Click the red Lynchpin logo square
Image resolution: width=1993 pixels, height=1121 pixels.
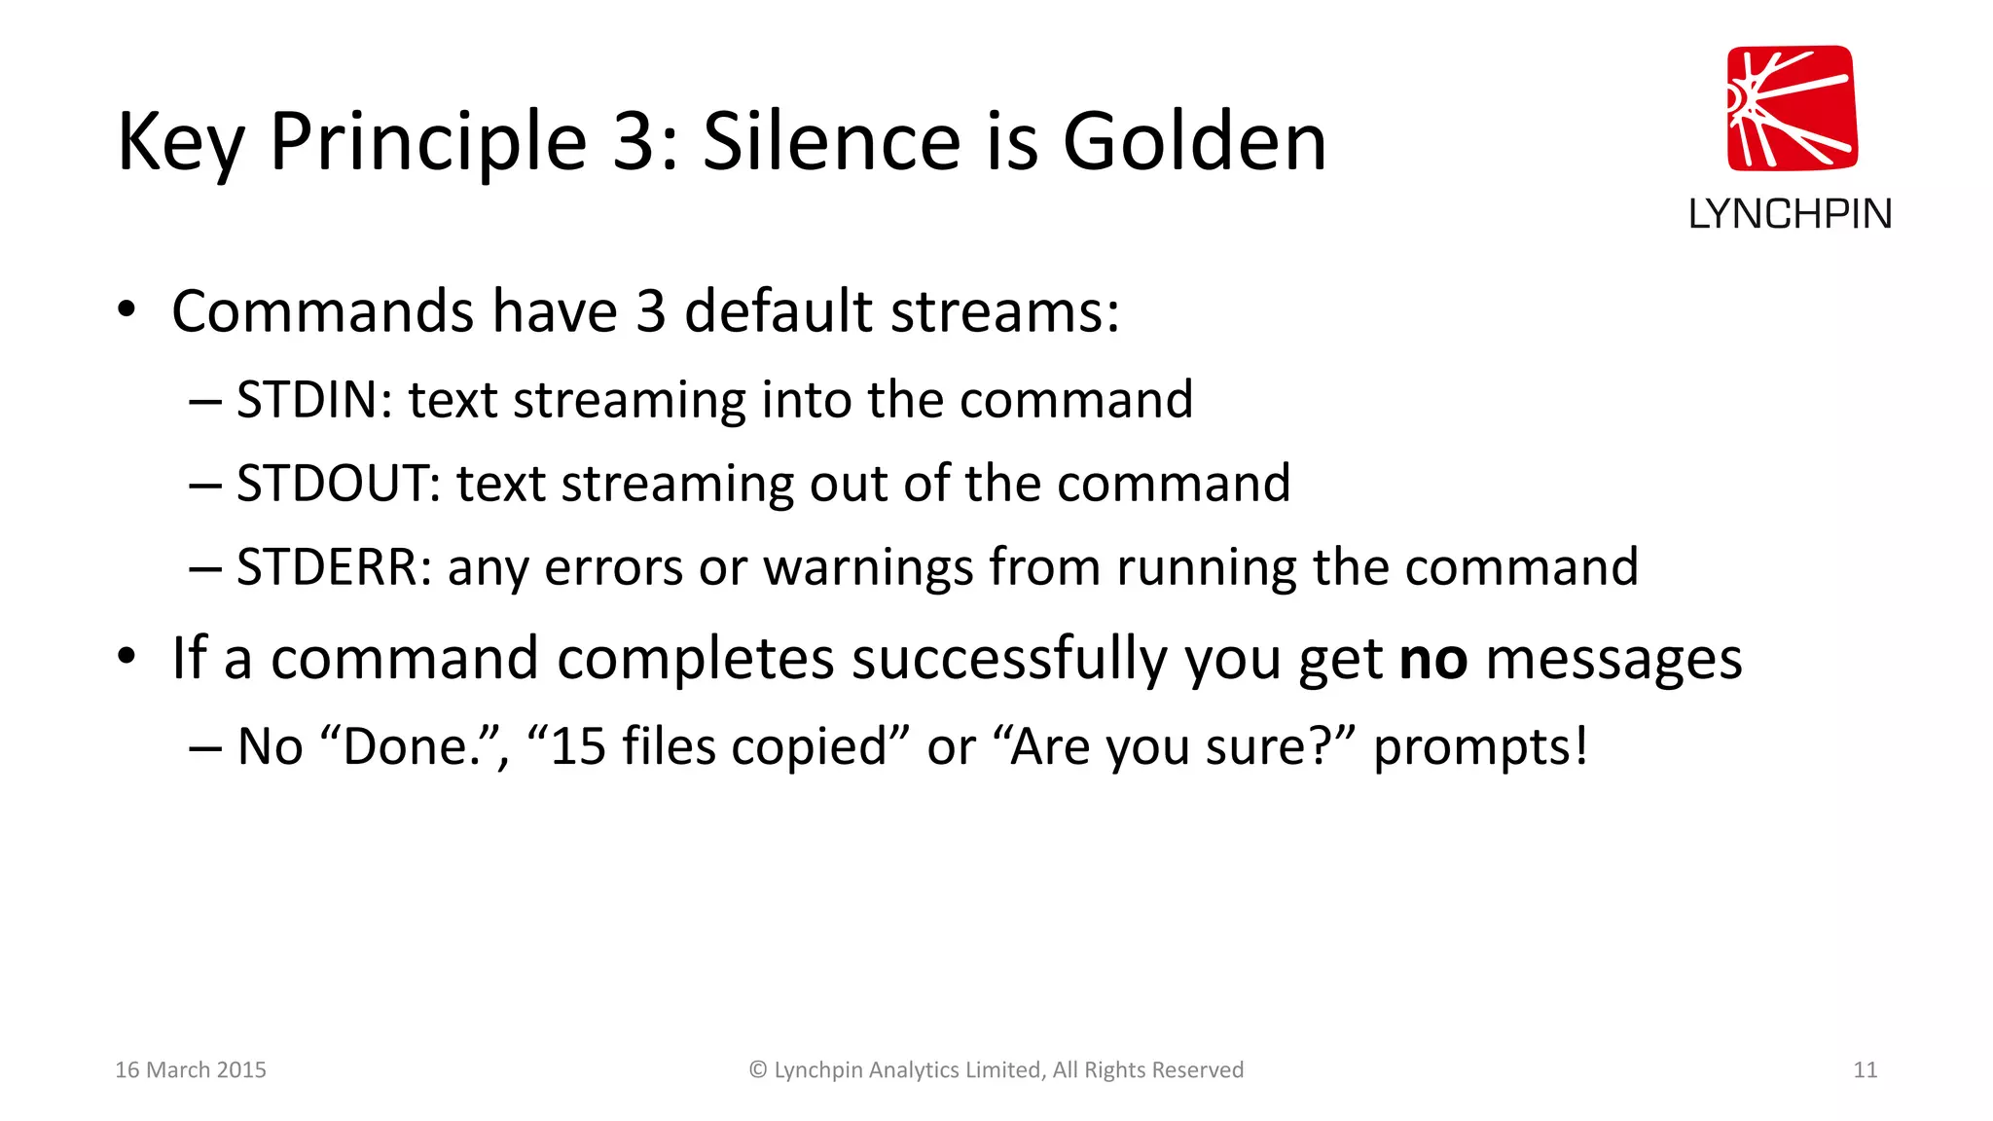click(1792, 108)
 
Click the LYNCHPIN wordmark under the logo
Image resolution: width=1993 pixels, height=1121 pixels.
click(1790, 214)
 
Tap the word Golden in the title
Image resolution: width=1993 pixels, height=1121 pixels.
click(1194, 142)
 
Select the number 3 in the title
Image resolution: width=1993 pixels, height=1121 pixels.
click(634, 142)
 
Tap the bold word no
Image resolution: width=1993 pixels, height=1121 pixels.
click(1432, 659)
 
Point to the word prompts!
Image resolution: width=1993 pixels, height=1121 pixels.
click(1480, 747)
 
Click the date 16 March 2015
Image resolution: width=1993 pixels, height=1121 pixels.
click(191, 1069)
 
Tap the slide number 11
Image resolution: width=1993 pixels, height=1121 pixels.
click(1865, 1069)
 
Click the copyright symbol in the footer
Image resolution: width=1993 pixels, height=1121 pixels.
click(758, 1069)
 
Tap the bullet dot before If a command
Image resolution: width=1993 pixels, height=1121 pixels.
click(127, 657)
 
